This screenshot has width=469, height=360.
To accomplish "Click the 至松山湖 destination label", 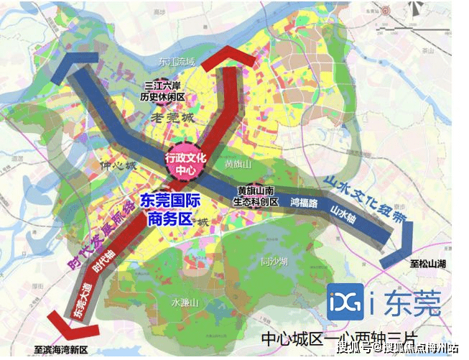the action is [x=426, y=264].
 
